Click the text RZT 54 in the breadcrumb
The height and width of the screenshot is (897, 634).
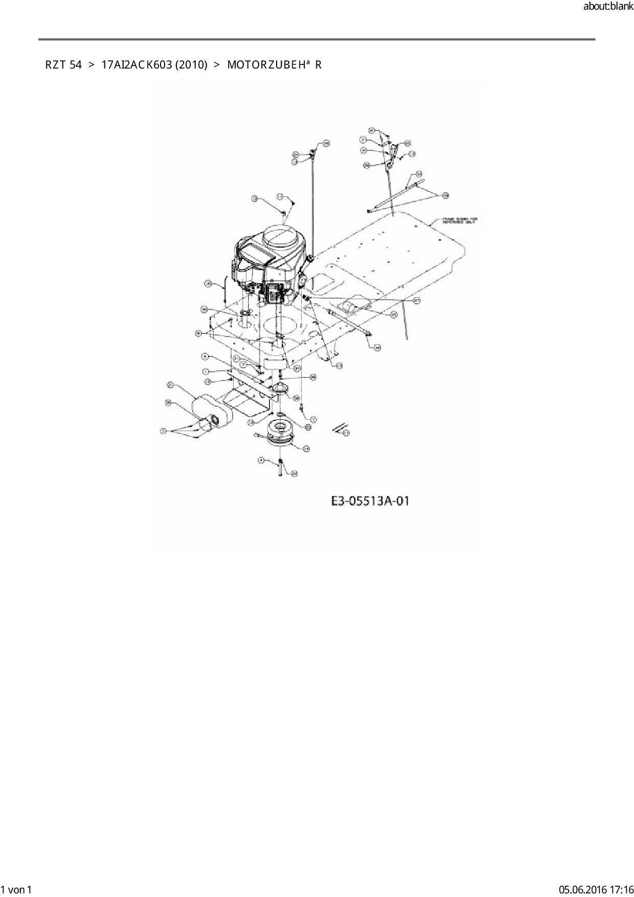point(63,65)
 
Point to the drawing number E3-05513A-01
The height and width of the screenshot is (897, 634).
point(370,501)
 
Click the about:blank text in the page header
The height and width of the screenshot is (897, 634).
point(608,7)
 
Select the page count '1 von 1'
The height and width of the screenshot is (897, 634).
point(16,889)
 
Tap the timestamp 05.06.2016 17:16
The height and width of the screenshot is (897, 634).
point(596,889)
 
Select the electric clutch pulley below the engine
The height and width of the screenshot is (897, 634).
point(280,433)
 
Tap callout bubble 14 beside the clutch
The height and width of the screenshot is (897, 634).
point(306,448)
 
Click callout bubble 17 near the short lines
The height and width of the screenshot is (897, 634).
point(346,433)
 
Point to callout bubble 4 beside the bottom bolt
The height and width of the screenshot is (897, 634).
point(261,460)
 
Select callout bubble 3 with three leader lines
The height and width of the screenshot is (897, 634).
point(164,432)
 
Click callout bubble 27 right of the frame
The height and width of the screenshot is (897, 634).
point(416,301)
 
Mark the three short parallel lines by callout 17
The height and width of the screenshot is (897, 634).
point(336,428)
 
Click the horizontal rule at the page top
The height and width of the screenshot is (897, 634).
point(316,39)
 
